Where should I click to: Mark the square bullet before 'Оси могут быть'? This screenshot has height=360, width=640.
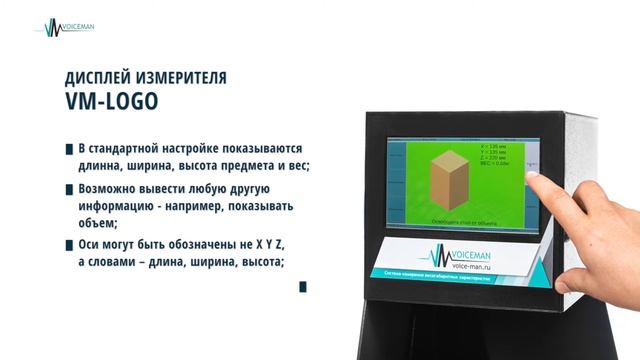68,244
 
